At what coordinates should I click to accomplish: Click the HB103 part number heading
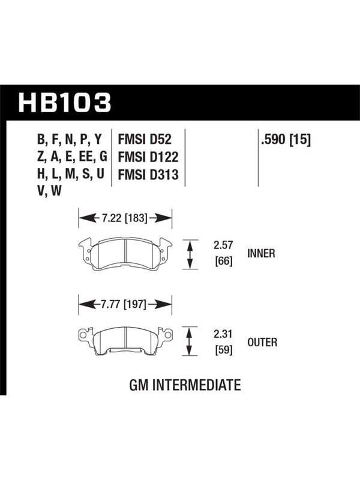pyautogui.click(x=65, y=103)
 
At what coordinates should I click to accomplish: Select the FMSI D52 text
pyautogui.click(x=145, y=139)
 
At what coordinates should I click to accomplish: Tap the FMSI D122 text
pyautogui.click(x=148, y=157)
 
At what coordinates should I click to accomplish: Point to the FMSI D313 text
pyautogui.click(x=148, y=175)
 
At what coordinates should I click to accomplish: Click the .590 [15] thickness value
pyautogui.click(x=286, y=140)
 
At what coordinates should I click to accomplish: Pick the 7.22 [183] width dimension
pyautogui.click(x=125, y=218)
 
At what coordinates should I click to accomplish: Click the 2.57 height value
pyautogui.click(x=223, y=245)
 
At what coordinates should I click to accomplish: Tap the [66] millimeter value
pyautogui.click(x=224, y=262)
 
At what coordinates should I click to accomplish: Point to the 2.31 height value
pyautogui.click(x=223, y=334)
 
